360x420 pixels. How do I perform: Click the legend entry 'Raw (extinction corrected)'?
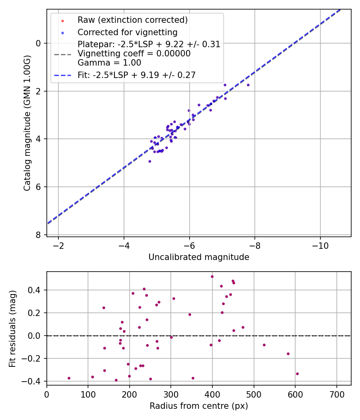pos(132,20)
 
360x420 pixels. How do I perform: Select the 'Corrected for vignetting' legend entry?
pos(127,32)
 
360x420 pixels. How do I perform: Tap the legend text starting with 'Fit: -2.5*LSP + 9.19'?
pos(136,75)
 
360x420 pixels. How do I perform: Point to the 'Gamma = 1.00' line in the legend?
pos(109,62)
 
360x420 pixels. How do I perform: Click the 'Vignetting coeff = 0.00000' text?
pos(134,54)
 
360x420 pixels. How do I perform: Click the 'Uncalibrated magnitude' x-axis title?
pos(199,257)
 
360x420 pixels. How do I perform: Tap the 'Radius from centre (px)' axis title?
pos(199,406)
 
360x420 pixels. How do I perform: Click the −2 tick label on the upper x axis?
pos(58,245)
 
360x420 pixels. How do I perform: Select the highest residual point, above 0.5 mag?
pos(212,276)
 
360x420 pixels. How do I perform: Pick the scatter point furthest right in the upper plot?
pos(248,85)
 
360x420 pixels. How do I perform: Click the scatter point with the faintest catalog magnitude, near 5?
pos(150,161)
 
